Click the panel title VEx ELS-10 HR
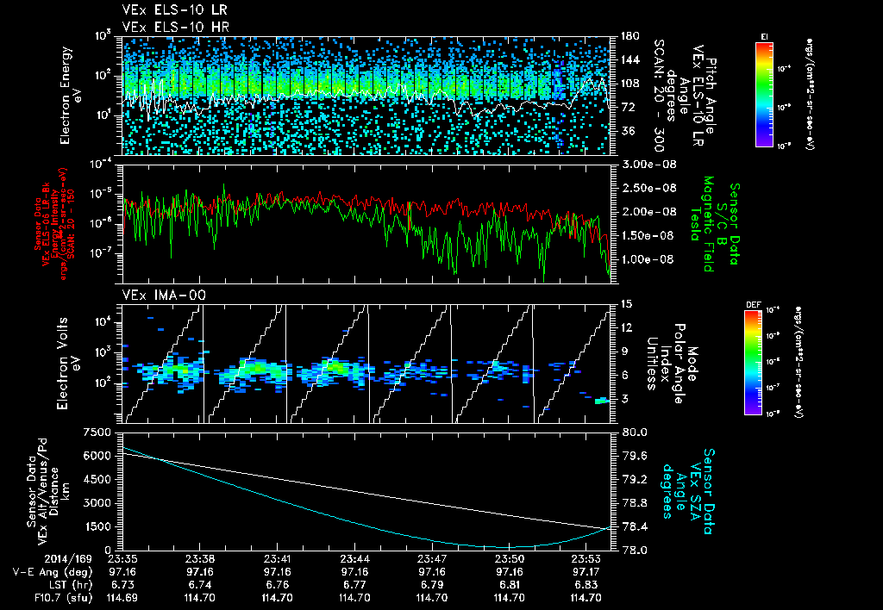[x=168, y=26]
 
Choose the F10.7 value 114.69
[x=124, y=596]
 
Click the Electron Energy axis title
[x=70, y=95]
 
